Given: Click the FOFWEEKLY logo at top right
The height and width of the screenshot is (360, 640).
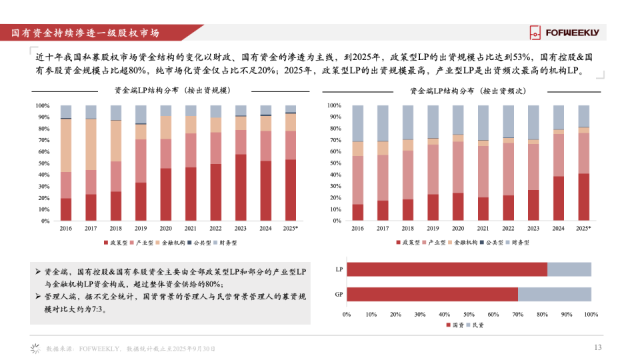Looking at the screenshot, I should point(564,32).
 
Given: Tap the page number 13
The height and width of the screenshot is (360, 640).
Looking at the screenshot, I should point(597,347).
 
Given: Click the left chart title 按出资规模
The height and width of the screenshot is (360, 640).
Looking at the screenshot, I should point(173,90).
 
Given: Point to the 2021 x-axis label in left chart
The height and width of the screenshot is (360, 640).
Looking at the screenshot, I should point(191,228).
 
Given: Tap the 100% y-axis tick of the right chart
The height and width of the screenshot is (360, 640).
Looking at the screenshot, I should point(335,106).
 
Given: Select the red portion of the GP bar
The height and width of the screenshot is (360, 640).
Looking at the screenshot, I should point(432,294).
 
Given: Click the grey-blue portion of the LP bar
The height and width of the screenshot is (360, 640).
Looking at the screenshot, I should point(569,269).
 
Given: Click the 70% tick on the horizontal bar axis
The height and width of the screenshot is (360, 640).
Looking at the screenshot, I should point(517,313).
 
